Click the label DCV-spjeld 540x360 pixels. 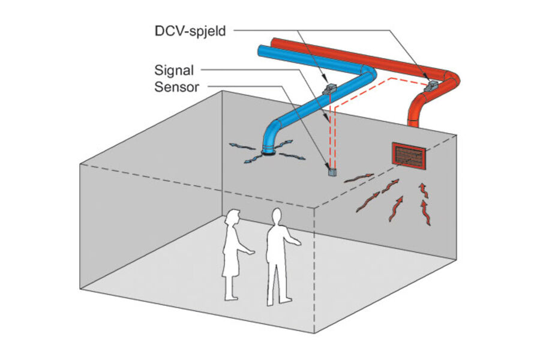190,31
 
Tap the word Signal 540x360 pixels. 174,70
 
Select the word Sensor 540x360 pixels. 177,87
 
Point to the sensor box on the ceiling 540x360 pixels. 332,171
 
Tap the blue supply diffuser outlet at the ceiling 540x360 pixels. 268,152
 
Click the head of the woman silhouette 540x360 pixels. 233,218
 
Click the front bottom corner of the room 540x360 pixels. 314,332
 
